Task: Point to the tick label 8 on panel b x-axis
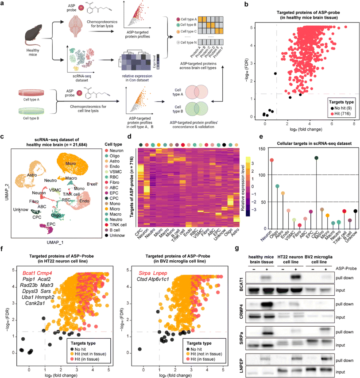(354, 125)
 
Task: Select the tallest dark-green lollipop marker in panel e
(316, 158)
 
